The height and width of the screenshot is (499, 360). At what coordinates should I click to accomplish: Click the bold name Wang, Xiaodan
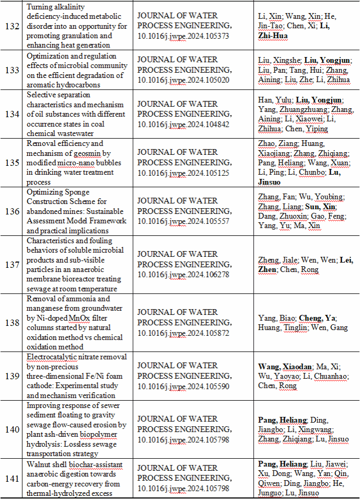(x=285, y=366)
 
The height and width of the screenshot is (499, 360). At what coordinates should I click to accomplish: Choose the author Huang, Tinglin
(x=286, y=328)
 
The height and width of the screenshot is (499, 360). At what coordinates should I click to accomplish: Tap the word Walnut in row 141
(x=39, y=464)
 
